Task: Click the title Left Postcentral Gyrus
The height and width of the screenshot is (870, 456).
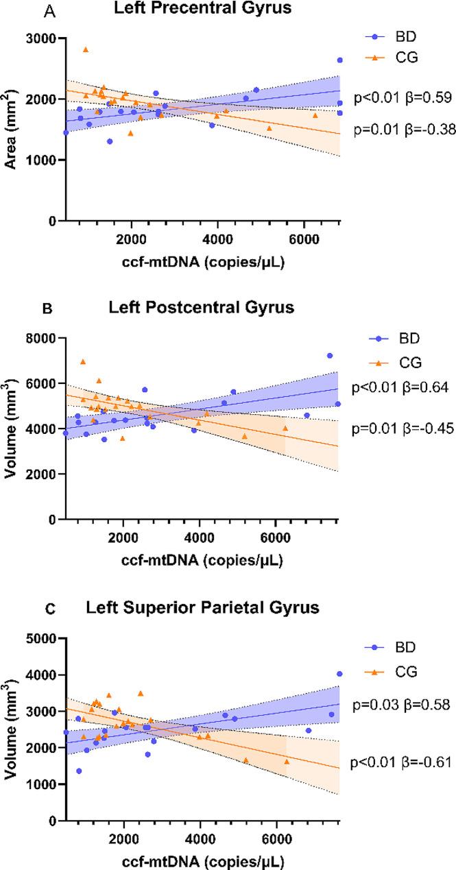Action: pos(201,307)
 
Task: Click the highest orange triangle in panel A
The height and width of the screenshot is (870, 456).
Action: pos(86,49)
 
